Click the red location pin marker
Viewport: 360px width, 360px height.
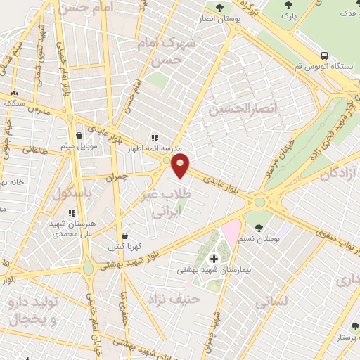(181, 165)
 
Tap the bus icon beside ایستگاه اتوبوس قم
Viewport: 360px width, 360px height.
(324, 56)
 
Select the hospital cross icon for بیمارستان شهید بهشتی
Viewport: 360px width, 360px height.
(214, 258)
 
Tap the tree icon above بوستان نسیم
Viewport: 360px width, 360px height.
(260, 227)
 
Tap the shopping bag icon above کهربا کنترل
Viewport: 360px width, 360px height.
(124, 236)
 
